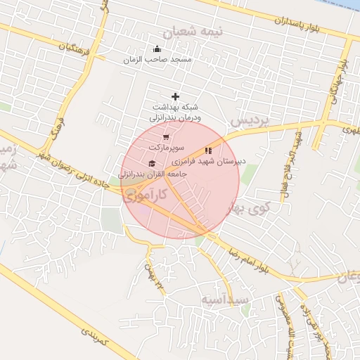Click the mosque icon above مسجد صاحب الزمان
point(157,49)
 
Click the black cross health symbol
point(175,96)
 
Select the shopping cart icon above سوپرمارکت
point(166,137)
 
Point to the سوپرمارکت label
point(166,148)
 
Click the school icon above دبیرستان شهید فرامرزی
point(208,150)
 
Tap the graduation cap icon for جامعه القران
point(151,164)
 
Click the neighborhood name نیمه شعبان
point(192,32)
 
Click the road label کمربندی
point(91,337)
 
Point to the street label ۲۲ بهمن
point(154,276)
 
